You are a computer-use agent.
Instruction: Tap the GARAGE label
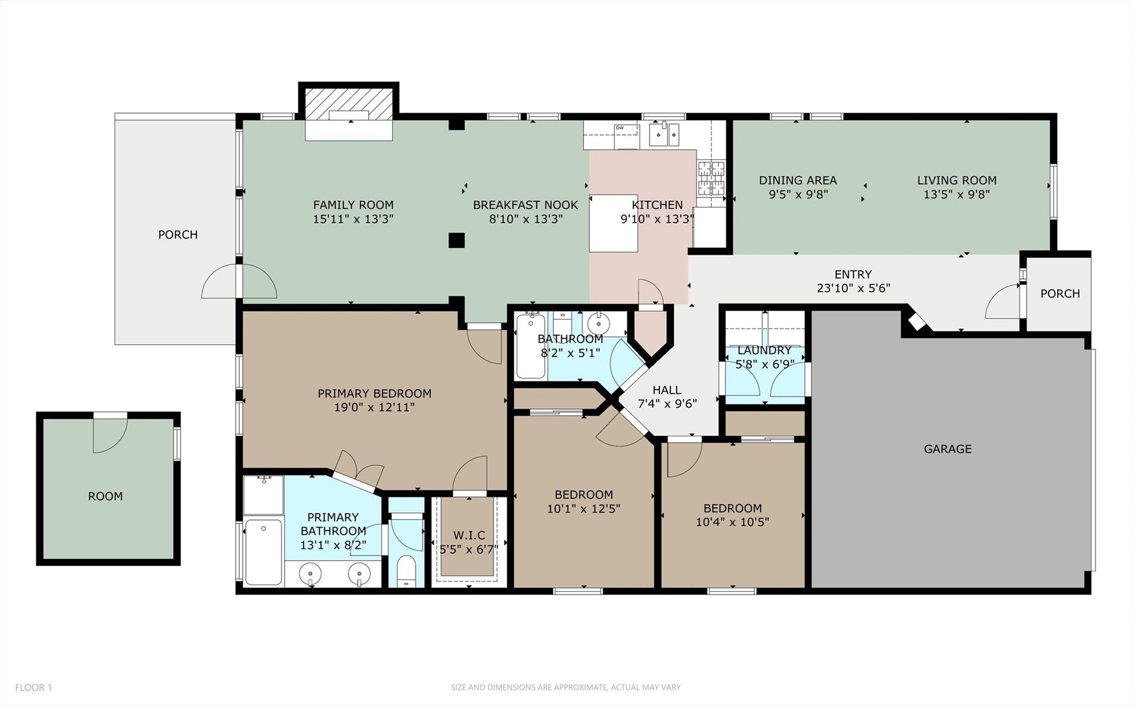pyautogui.click(x=947, y=449)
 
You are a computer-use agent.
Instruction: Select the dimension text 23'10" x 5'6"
pyautogui.click(x=853, y=288)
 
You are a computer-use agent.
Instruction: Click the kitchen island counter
pyautogui.click(x=613, y=223)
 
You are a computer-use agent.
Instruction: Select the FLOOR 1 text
pyautogui.click(x=33, y=688)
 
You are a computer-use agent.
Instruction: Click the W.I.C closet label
pyautogui.click(x=469, y=535)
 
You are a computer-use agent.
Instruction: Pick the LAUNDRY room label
pyautogui.click(x=764, y=350)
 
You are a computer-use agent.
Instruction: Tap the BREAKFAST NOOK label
pyautogui.click(x=525, y=205)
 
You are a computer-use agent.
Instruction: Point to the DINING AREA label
pyautogui.click(x=797, y=181)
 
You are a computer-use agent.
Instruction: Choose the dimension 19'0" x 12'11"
pyautogui.click(x=374, y=408)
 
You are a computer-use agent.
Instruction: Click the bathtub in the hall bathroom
pyautogui.click(x=531, y=346)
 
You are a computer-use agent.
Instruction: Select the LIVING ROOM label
pyautogui.click(x=957, y=181)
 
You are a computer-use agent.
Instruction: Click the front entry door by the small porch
pyautogui.click(x=1003, y=301)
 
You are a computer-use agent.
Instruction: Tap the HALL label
pyautogui.click(x=667, y=390)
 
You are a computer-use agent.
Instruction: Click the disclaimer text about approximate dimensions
pyautogui.click(x=566, y=688)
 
